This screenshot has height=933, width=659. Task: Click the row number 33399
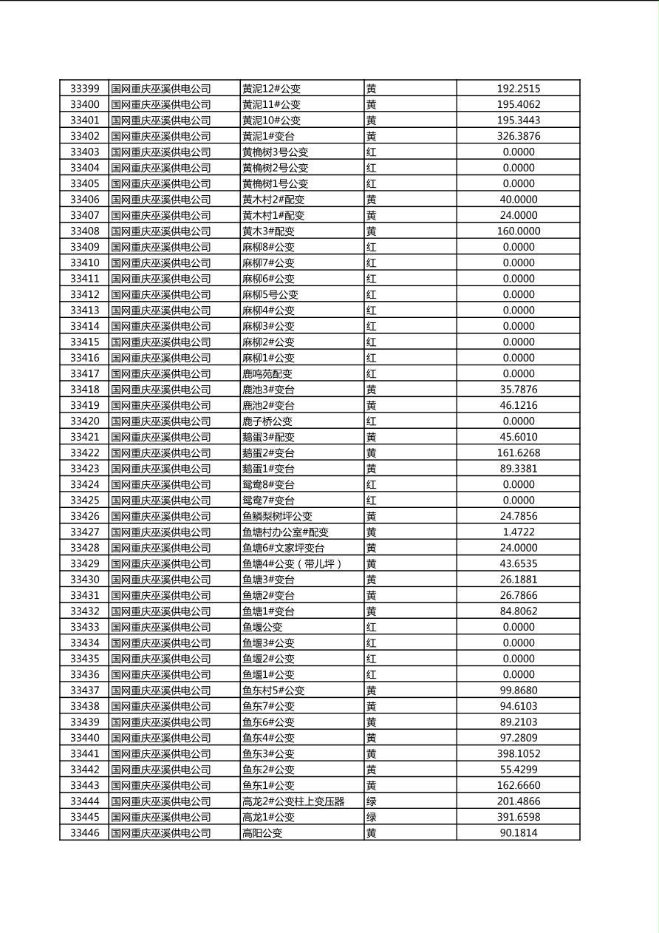84,89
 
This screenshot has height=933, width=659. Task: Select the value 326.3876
518,136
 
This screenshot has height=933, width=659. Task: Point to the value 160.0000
518,231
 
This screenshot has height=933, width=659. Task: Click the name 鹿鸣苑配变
267,373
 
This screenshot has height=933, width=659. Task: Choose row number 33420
84,421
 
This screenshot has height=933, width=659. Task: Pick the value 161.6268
518,452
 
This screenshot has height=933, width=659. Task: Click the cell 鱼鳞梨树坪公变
277,516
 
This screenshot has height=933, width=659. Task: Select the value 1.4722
518,532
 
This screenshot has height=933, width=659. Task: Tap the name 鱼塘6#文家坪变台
283,548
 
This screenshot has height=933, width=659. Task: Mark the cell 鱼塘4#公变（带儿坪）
293,563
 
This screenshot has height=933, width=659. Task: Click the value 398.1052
518,753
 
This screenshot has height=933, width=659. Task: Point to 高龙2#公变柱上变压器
293,801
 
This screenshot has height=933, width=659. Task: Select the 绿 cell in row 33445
371,817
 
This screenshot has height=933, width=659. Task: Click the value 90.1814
518,833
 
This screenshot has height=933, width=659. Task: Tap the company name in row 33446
161,833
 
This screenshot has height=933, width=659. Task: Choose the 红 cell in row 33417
371,373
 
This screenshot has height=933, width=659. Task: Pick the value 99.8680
518,691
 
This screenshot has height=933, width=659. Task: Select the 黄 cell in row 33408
371,231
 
